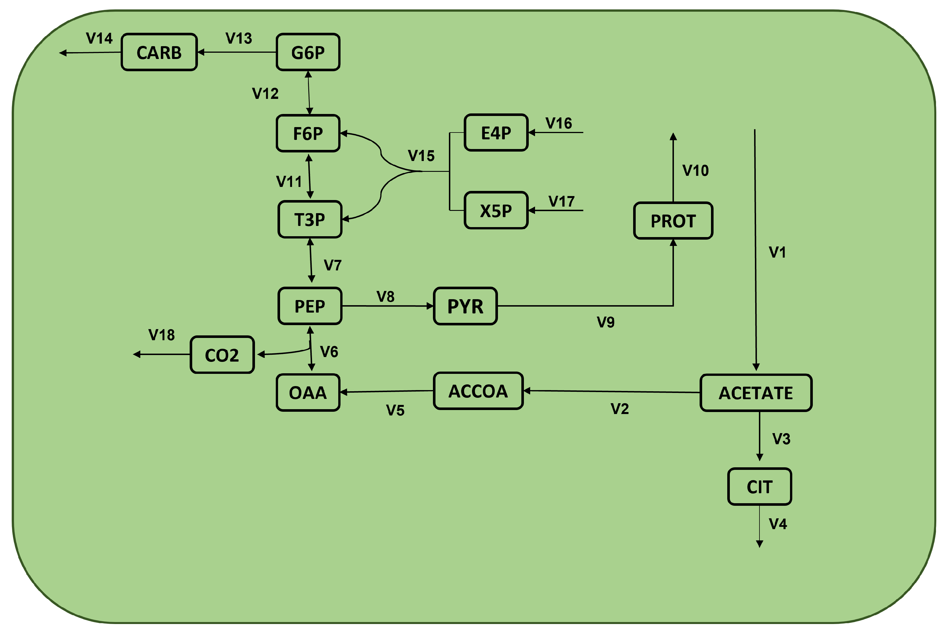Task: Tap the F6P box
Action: coord(308,133)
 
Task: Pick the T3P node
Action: coord(309,220)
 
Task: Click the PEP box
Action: coord(309,306)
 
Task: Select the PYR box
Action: coord(465,306)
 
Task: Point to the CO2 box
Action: coord(222,355)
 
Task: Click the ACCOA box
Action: coord(478,391)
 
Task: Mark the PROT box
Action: coord(673,221)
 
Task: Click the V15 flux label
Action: coord(421,156)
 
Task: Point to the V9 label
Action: coord(605,322)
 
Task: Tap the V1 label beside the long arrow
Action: coord(777,252)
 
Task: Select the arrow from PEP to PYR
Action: coord(387,306)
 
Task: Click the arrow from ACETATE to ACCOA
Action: coord(611,392)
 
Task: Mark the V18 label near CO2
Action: coord(161,335)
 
